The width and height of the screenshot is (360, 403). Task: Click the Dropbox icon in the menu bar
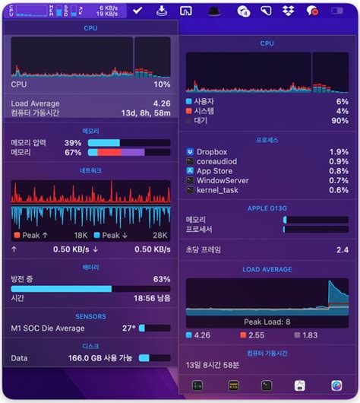[x=288, y=11]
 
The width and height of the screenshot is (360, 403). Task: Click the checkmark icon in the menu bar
[x=137, y=11]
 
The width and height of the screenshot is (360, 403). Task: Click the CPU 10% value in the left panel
[x=162, y=85]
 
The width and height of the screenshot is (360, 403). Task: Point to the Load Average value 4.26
[x=161, y=103]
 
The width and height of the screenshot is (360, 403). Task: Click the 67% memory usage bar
[x=128, y=153]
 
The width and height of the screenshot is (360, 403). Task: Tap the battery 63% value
[x=161, y=279]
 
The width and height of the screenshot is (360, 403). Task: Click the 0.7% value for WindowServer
[x=338, y=180]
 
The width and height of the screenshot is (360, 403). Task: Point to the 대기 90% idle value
[x=342, y=121]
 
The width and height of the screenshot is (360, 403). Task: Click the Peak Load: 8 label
[x=267, y=322]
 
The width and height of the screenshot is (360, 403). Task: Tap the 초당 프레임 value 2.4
[x=343, y=249]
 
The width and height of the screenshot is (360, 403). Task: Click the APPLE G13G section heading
[x=267, y=208]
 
